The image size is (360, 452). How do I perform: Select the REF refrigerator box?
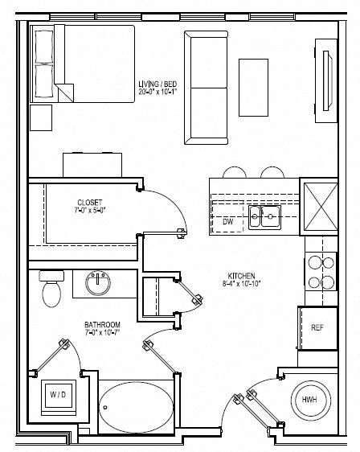click(x=317, y=327)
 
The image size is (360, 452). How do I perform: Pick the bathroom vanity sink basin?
click(x=100, y=281)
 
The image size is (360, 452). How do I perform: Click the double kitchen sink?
click(x=264, y=216)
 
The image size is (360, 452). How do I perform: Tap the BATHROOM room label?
click(x=102, y=325)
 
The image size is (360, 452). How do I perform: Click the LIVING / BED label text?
click(x=157, y=83)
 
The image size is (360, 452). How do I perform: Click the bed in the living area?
click(x=82, y=64)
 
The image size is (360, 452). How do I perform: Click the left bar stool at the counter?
click(x=233, y=172)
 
